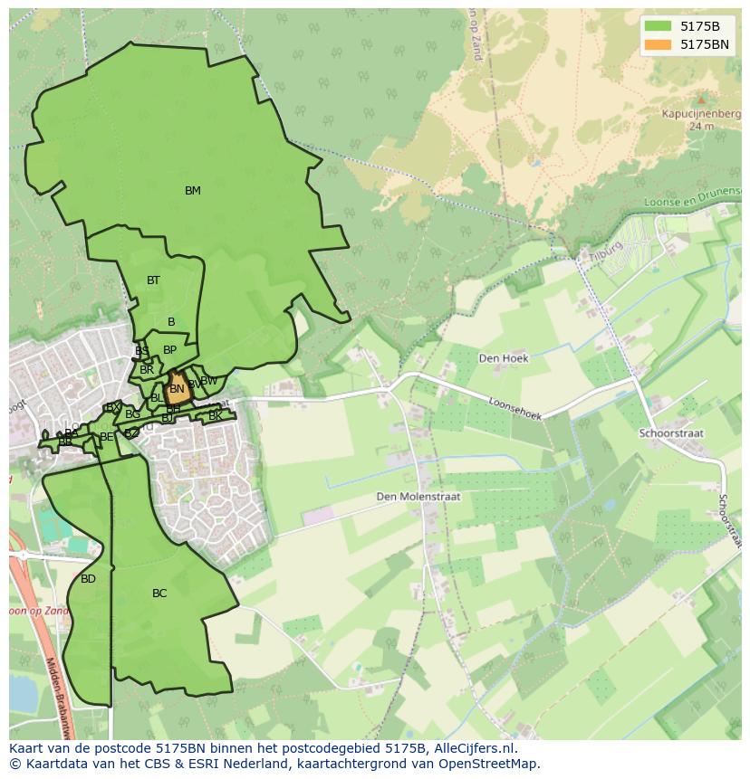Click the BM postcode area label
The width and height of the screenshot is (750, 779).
(x=192, y=191)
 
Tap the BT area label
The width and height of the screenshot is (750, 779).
(x=153, y=280)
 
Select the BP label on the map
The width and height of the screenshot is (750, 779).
(x=169, y=350)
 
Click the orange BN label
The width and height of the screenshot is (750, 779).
(x=177, y=389)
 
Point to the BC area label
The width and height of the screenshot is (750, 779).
(x=159, y=594)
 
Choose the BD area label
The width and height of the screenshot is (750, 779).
(x=88, y=579)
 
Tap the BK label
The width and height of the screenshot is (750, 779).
(x=215, y=416)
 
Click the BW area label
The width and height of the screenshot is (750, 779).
(x=209, y=381)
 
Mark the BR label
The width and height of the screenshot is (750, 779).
(x=147, y=370)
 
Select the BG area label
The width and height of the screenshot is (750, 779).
(x=133, y=414)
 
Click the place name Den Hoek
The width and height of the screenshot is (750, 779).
(x=503, y=358)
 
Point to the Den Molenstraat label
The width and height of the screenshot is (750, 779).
(x=419, y=497)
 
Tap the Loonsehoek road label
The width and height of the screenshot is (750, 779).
(x=514, y=410)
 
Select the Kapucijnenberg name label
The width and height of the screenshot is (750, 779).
(x=699, y=115)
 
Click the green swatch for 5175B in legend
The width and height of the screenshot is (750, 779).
(x=659, y=26)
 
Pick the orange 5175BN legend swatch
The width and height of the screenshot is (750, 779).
(x=659, y=44)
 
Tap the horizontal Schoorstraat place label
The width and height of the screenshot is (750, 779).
(x=671, y=433)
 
